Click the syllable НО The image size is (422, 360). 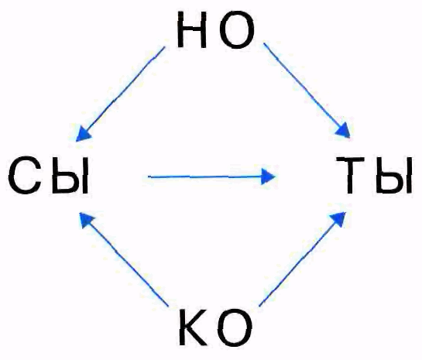click(x=216, y=30)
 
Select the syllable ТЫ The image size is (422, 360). click(x=374, y=175)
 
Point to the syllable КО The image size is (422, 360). click(x=216, y=327)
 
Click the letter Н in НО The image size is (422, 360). click(x=192, y=30)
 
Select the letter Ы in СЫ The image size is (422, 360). click(x=70, y=176)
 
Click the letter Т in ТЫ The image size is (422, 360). click(x=351, y=175)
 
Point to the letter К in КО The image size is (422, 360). click(x=194, y=327)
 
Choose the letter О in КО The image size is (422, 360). click(x=235, y=327)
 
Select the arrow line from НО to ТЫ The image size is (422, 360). click(x=307, y=90)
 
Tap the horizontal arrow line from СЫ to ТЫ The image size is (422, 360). click(x=211, y=177)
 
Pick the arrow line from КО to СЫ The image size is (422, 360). click(x=124, y=259)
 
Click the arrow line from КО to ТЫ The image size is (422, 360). click(x=302, y=259)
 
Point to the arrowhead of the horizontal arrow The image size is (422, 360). click(x=268, y=177)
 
